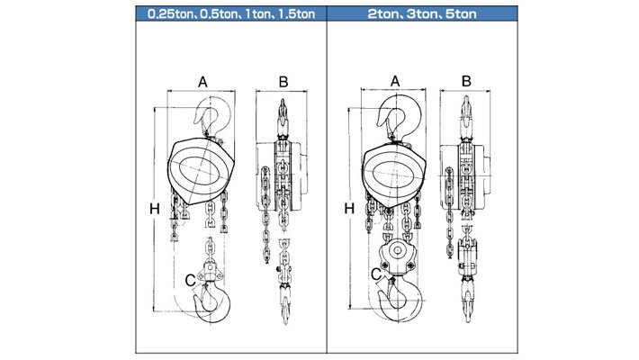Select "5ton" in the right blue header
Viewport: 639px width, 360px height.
[461, 14]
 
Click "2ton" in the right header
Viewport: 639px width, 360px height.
[383, 14]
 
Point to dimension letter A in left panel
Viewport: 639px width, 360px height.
[202, 83]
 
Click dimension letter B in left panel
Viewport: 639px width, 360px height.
[283, 82]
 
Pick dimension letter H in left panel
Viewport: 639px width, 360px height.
[155, 209]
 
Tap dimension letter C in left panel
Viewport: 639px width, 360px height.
[190, 281]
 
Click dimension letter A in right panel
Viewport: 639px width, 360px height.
[395, 82]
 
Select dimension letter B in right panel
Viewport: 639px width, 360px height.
[466, 81]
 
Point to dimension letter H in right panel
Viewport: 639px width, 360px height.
[349, 208]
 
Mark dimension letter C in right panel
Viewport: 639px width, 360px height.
[376, 274]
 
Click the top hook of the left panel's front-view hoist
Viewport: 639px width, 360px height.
[211, 115]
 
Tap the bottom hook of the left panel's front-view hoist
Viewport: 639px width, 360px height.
[212, 302]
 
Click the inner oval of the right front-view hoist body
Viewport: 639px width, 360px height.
[393, 174]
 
